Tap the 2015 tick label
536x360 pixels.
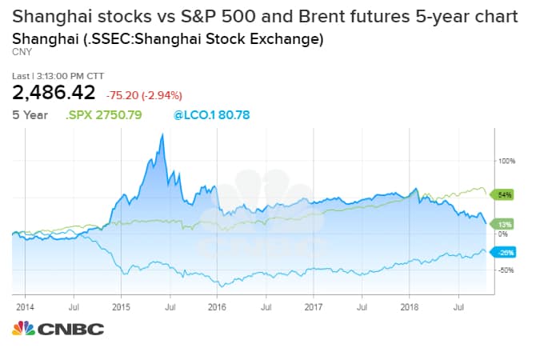pyautogui.click(x=121, y=306)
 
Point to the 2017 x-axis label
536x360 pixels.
pyautogui.click(x=314, y=306)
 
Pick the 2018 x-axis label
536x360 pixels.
pyautogui.click(x=410, y=306)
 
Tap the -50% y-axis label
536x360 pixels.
pyautogui.click(x=504, y=270)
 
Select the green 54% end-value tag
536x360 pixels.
pyautogui.click(x=505, y=194)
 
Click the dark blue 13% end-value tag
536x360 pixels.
pyautogui.click(x=505, y=224)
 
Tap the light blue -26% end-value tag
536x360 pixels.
pyautogui.click(x=505, y=253)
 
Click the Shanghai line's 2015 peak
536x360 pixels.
pyautogui.click(x=163, y=134)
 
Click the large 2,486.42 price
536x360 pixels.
pyautogui.click(x=54, y=93)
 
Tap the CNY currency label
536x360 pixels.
pyautogui.click(x=21, y=52)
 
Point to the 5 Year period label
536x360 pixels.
pyautogui.click(x=30, y=115)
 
